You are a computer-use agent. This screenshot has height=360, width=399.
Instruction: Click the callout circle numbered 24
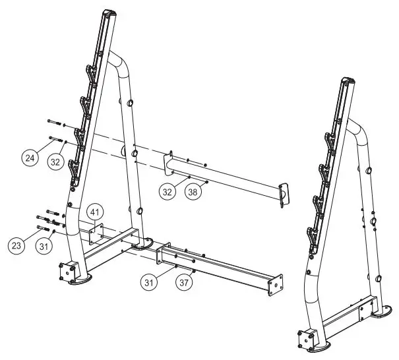(29, 158)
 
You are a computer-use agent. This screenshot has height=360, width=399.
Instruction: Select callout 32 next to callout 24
(56, 162)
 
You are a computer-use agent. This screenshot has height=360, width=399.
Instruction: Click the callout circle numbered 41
(96, 212)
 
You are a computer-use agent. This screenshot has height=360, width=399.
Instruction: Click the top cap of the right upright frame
(348, 82)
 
